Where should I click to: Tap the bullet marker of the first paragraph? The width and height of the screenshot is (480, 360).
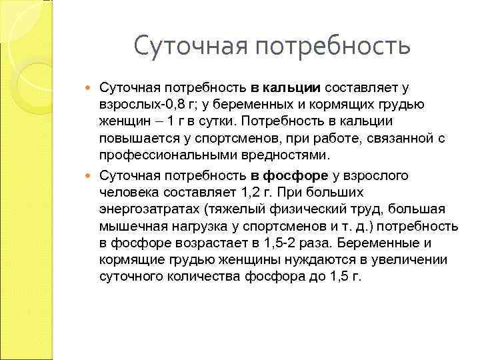click(91, 87)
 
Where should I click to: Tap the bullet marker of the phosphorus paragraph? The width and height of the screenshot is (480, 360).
click(91, 175)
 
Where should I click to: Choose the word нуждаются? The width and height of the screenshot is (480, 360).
click(290, 260)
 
